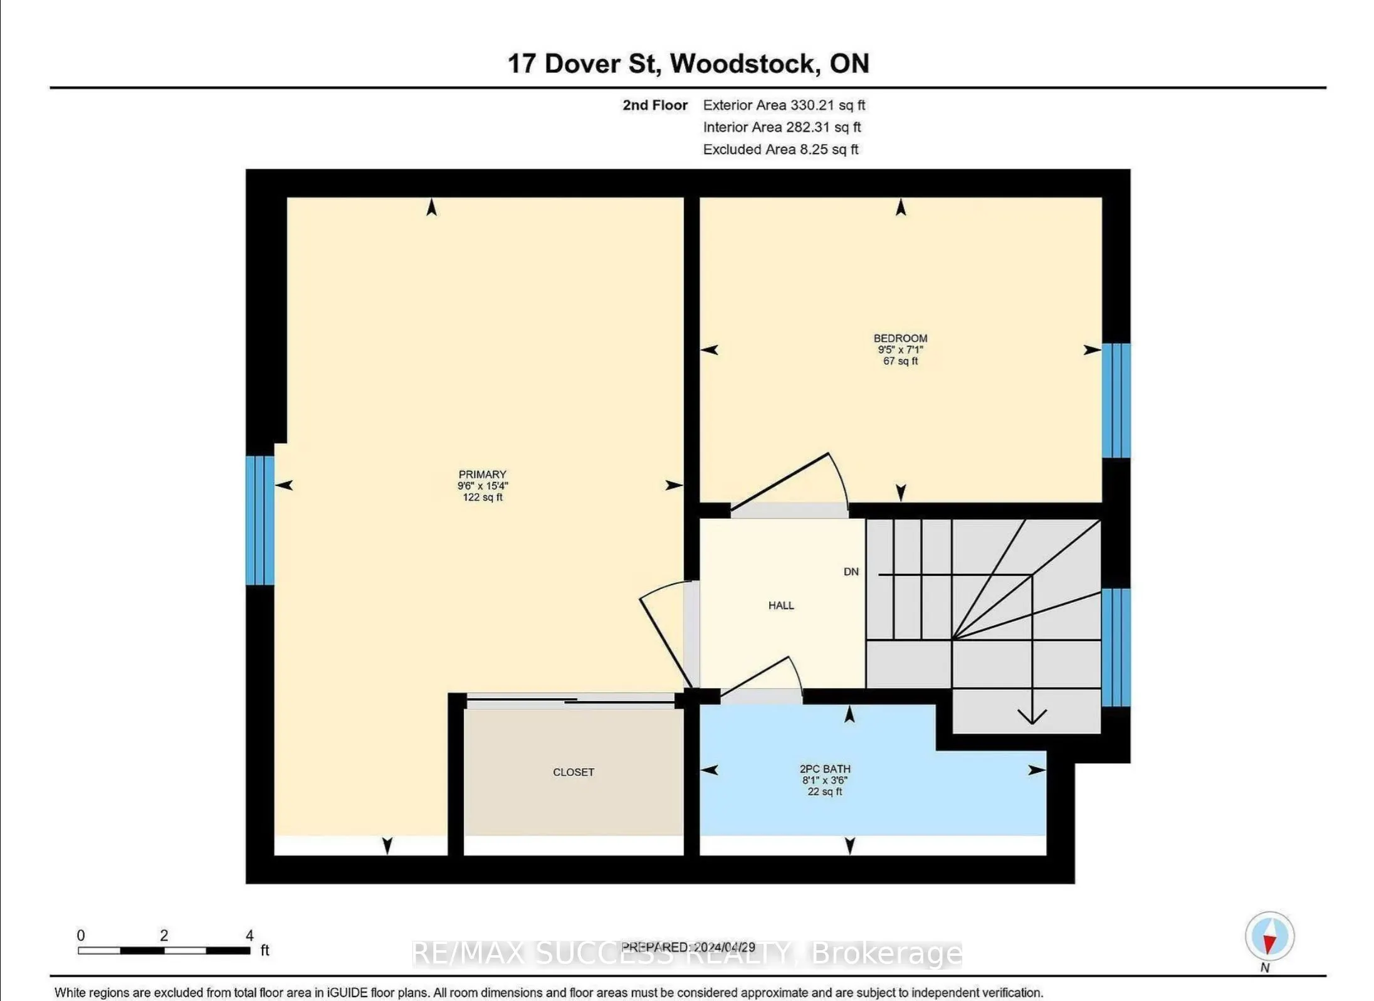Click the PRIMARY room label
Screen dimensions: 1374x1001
coord(482,475)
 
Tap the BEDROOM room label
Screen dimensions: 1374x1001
coord(900,339)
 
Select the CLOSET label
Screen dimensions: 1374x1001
coord(574,772)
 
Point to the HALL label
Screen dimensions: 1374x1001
coord(781,605)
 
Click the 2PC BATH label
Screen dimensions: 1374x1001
coord(825,769)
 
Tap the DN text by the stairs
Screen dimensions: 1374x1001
coord(851,571)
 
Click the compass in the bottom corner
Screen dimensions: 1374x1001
coord(1269,936)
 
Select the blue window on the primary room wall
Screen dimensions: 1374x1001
coord(260,520)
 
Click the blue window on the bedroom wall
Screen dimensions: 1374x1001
coord(1116,401)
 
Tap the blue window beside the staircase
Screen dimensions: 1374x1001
coord(1116,647)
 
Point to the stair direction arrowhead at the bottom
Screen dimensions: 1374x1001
coord(1032,717)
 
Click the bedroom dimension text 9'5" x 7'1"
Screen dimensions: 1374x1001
coord(900,350)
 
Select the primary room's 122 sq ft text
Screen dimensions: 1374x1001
coord(483,497)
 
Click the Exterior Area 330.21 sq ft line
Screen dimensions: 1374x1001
coord(784,105)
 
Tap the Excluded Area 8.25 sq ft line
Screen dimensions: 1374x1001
coord(780,149)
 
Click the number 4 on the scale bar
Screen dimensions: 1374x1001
coord(249,935)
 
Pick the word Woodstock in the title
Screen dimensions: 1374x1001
coord(745,63)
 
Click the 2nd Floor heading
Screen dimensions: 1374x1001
coord(655,105)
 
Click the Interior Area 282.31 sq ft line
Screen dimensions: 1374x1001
coord(782,127)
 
